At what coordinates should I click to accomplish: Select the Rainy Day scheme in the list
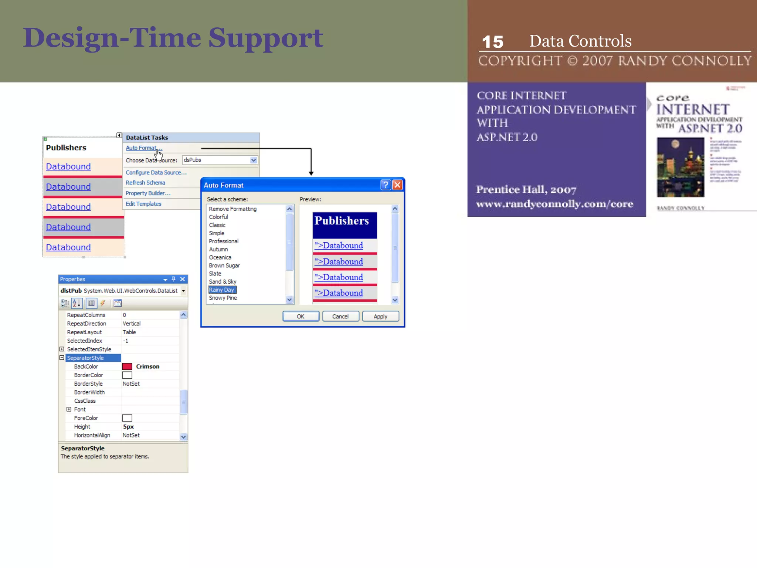222,290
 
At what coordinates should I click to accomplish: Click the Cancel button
340,317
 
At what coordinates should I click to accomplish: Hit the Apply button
380,317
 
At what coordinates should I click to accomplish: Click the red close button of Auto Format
397,185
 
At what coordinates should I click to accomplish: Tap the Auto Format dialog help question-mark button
386,185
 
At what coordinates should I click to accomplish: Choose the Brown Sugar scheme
224,266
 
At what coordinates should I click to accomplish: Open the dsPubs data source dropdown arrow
254,160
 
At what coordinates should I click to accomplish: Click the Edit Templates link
143,204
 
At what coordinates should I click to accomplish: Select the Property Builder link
148,193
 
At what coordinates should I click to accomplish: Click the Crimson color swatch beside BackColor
127,366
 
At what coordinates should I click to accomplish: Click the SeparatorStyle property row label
85,358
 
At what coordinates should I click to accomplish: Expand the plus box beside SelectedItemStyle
62,349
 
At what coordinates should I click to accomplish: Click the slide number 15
493,42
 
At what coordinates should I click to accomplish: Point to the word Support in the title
266,38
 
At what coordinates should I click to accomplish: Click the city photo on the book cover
680,167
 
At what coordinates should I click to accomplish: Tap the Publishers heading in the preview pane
342,221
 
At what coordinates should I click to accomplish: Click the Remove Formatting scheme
232,209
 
